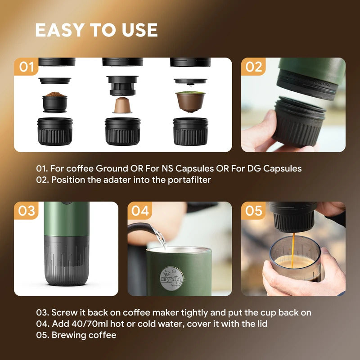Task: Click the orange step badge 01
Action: click(27, 67)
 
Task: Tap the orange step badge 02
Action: click(253, 67)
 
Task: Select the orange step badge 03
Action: click(27, 211)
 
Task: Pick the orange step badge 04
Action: click(140, 211)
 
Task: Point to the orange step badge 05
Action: click(253, 211)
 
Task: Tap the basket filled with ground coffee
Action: click(55, 102)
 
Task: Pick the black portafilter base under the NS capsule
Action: click(122, 131)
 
